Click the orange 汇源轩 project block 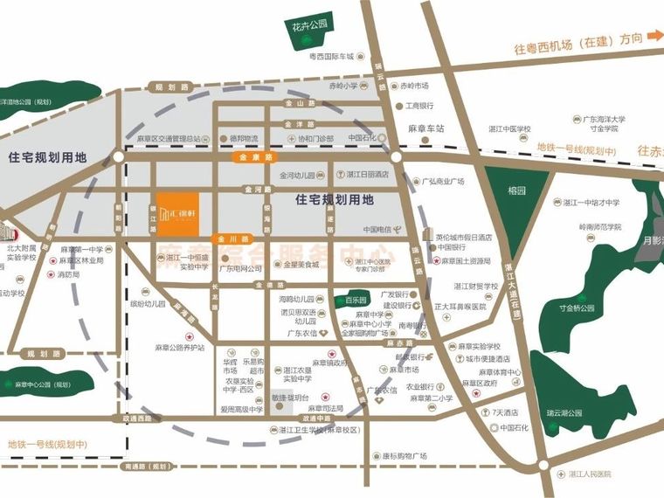point(178,213)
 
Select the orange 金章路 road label point(252,158)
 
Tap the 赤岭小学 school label point(343,86)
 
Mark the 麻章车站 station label point(426,128)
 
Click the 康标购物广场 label point(404,455)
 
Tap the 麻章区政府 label point(479,383)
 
